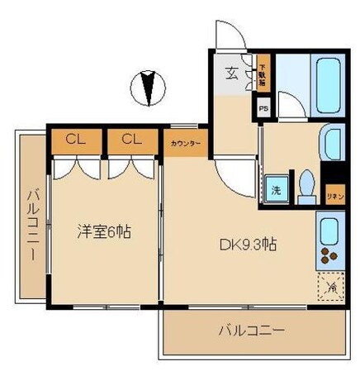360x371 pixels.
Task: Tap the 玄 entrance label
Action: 233,72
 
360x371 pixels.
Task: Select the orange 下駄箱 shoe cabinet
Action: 263,75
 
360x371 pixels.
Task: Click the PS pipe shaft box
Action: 263,108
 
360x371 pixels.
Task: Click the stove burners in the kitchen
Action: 329,254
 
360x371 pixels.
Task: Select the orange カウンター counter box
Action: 186,142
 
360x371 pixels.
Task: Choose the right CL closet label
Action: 131,140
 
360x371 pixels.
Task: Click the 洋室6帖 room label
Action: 101,232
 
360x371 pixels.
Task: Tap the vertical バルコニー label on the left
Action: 31,225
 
